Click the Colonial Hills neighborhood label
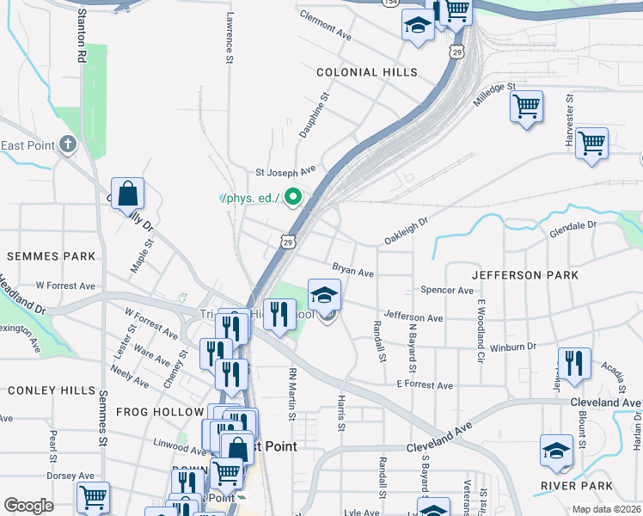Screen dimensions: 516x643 tap(366, 73)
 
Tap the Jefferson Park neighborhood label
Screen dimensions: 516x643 tap(524, 275)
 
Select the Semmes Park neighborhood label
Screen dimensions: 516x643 tap(51, 257)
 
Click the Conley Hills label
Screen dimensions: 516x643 tap(52, 390)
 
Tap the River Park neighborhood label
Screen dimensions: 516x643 tap(577, 486)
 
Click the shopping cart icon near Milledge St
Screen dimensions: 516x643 tap(526, 107)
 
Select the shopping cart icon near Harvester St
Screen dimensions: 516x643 tap(591, 144)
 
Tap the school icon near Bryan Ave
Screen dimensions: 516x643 tap(324, 296)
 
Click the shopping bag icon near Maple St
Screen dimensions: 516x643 tap(127, 194)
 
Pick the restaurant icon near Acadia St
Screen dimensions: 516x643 tap(574, 364)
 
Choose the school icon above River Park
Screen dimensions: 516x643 tap(556, 451)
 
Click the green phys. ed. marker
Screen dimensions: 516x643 tap(293, 199)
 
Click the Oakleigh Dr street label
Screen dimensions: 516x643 tap(406, 230)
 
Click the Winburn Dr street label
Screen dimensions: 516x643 tap(513, 347)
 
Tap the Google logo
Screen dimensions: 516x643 tap(28, 506)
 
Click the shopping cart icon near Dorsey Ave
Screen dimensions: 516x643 tap(92, 498)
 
